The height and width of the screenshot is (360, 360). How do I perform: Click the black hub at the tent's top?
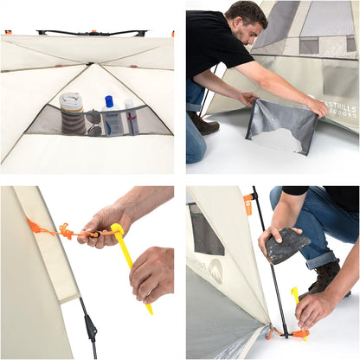pyautogui.click(x=91, y=33)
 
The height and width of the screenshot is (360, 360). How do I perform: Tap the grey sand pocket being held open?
pyautogui.click(x=282, y=125)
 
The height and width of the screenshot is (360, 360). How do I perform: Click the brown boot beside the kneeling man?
pyautogui.click(x=205, y=126)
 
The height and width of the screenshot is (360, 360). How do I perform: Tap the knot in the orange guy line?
pyautogui.click(x=67, y=231)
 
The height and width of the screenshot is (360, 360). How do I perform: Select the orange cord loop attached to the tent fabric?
pyautogui.click(x=35, y=226)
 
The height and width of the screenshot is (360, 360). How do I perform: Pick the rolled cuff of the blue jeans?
pyautogui.click(x=321, y=259)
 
